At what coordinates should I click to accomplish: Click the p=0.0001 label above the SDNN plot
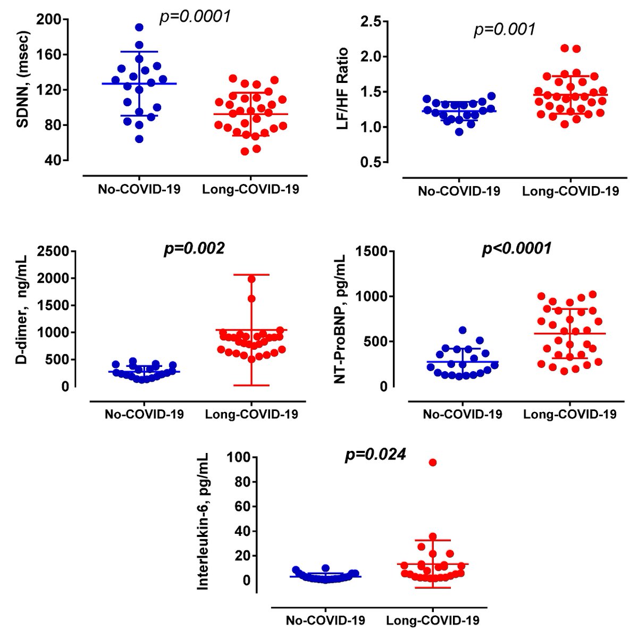click(x=195, y=17)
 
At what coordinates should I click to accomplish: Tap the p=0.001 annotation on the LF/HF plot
click(x=504, y=29)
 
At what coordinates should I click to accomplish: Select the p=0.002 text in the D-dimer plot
click(x=194, y=248)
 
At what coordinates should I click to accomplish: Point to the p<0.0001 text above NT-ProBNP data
click(x=516, y=248)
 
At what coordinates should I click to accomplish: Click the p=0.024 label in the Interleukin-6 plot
click(x=375, y=455)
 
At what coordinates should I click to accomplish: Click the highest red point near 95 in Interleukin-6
click(x=433, y=463)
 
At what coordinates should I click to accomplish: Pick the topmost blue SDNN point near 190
click(x=139, y=27)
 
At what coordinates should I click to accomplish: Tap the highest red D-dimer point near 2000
click(x=251, y=279)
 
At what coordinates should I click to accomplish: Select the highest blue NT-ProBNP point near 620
click(x=463, y=330)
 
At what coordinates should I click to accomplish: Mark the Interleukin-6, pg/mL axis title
click(x=203, y=521)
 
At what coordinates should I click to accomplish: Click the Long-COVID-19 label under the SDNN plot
click(x=250, y=189)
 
